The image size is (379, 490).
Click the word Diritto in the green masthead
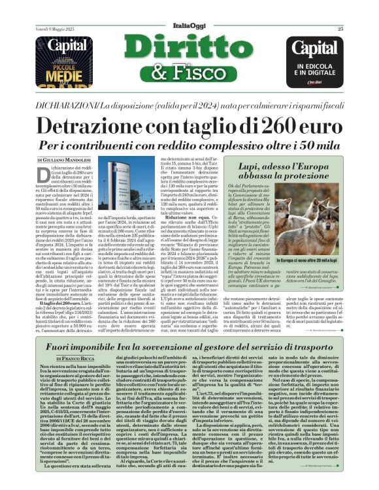click(188, 51)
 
